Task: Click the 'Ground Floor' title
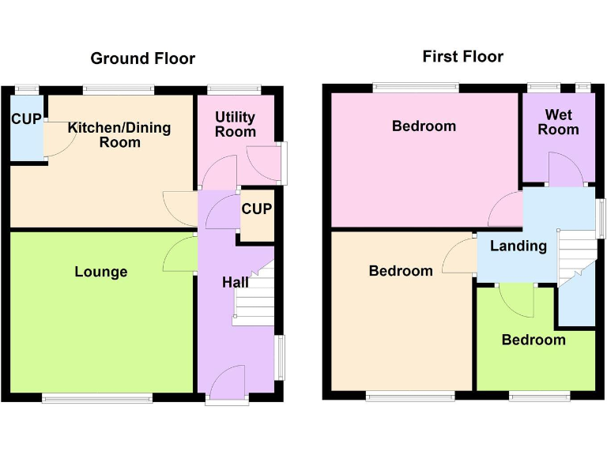[x=142, y=58]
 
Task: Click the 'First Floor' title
[x=462, y=56]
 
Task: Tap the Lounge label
[x=101, y=272]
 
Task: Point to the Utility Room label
[x=236, y=124]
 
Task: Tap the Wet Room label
[x=558, y=122]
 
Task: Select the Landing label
[x=518, y=246]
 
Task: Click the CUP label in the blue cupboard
[x=26, y=119]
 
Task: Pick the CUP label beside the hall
[x=256, y=209]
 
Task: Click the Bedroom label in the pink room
[x=424, y=126]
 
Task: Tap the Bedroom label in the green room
[x=533, y=340]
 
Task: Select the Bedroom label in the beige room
[x=401, y=271]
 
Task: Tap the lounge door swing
[x=180, y=254]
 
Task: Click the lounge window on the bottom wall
[x=97, y=398]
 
